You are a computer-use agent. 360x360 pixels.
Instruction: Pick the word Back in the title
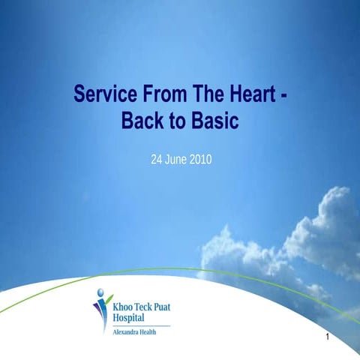tap(142, 120)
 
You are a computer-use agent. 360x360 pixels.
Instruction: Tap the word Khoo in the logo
tap(122, 306)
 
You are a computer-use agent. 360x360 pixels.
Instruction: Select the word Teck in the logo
tap(145, 306)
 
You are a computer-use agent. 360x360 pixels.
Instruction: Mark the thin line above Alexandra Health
tap(140, 326)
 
